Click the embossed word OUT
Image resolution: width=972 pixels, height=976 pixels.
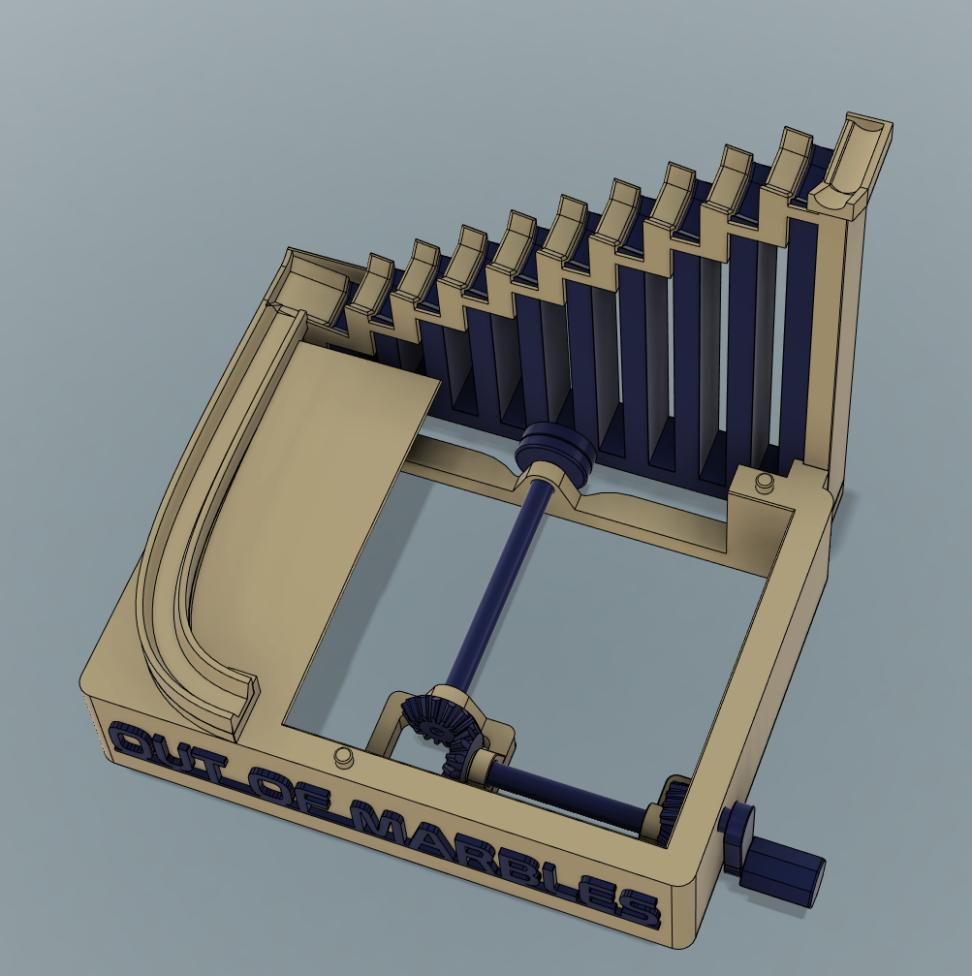tap(173, 753)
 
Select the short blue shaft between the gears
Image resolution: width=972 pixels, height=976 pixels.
tap(562, 790)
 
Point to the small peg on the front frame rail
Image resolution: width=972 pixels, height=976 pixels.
tap(341, 757)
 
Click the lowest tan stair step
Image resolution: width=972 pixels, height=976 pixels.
tap(370, 281)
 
